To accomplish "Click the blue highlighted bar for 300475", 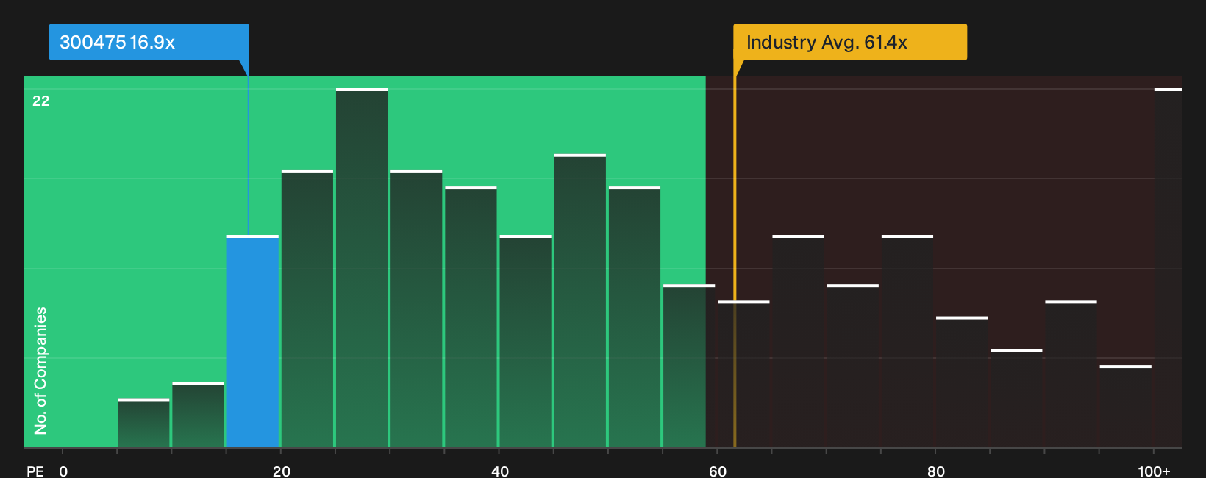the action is tap(252, 341).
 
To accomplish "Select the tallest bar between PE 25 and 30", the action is tap(362, 268).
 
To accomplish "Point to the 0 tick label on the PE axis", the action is tap(63, 471).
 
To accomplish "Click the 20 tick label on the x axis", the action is tap(281, 471).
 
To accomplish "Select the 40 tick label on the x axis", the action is tap(499, 471).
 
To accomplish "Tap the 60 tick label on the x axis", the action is tap(718, 471).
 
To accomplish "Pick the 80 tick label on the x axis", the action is tap(935, 471).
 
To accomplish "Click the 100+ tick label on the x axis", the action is tap(1154, 471).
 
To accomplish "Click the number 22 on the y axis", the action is tap(41, 101).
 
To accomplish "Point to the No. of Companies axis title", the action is tap(40, 371).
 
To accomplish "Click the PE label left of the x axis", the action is tap(35, 471).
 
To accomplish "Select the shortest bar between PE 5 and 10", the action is tap(143, 423).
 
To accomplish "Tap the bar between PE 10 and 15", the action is tap(198, 415).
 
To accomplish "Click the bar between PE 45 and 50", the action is tap(580, 300).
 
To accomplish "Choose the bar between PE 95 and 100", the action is tap(1125, 407).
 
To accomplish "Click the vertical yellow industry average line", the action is tap(735, 253).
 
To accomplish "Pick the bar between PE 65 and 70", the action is tap(798, 341).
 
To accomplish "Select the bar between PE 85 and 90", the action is tap(1016, 399).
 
